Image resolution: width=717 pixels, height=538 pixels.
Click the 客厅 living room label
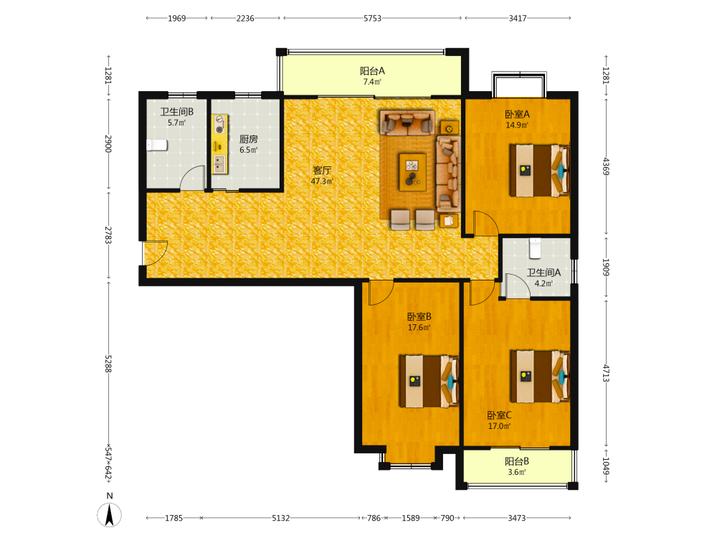(322, 170)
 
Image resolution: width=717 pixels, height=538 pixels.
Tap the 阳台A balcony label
(372, 71)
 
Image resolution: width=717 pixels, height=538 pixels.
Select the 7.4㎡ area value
(372, 82)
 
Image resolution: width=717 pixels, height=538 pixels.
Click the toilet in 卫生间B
(157, 145)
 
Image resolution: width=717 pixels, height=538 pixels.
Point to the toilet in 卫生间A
(535, 247)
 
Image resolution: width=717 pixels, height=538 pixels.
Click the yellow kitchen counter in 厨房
(220, 144)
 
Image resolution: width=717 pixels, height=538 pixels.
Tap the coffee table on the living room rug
(412, 172)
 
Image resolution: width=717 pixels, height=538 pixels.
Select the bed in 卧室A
(540, 171)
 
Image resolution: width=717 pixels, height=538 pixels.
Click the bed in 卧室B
(429, 381)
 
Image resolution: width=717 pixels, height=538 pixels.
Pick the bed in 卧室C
(540, 377)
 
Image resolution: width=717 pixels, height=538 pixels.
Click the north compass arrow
(109, 514)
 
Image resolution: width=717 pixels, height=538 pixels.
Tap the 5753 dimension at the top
(372, 19)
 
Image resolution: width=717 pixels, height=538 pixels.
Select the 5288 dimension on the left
(108, 363)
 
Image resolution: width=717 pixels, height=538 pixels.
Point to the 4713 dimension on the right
(606, 373)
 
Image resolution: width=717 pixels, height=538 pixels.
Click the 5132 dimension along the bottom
(281, 518)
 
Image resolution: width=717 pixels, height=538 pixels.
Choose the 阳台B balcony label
(517, 461)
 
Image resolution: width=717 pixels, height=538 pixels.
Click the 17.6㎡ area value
(419, 328)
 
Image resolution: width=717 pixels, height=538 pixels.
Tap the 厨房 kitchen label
(248, 139)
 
